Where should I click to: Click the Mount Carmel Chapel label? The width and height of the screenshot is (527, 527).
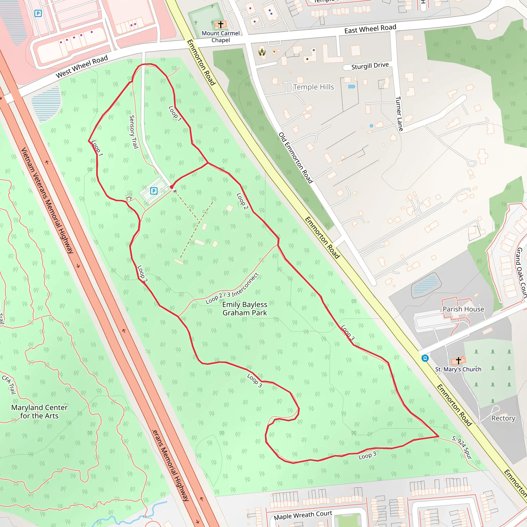pos(221,37)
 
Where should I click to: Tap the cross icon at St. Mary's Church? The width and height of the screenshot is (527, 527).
pos(458,361)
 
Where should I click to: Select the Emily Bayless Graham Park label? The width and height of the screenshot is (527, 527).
pos(245,309)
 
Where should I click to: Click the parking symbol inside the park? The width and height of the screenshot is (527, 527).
pos(154,191)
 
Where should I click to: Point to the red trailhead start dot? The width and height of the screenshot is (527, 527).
pos(172,187)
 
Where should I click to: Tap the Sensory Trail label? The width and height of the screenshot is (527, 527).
pos(133,132)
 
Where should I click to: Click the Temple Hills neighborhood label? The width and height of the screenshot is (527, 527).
pos(313,87)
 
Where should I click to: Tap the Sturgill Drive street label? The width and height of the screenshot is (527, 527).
pos(370,66)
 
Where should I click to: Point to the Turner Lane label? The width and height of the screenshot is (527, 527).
pos(399,114)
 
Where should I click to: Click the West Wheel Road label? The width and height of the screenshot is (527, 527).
pos(82,66)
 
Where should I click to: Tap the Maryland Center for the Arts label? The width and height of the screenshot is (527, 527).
pos(39,412)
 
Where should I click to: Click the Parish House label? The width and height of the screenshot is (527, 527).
pos(463,309)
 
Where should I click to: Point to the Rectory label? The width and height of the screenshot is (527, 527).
pos(503,418)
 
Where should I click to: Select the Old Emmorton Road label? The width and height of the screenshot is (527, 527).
pos(295,158)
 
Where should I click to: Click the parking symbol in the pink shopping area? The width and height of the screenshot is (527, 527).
pos(38,13)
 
